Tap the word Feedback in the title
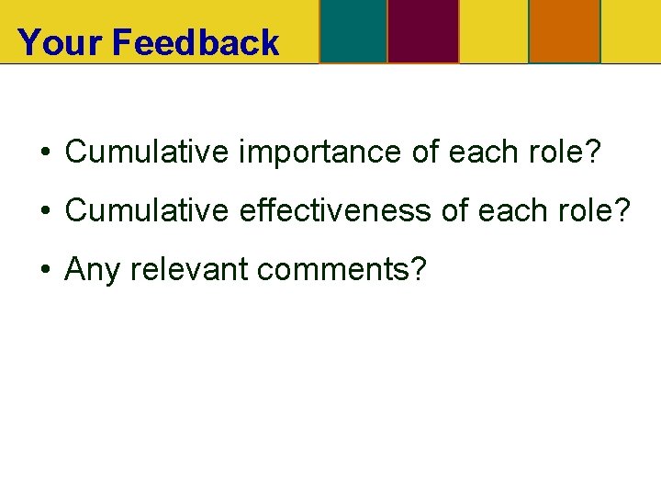tap(196, 43)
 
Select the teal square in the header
tap(353, 31)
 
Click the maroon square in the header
tap(422, 31)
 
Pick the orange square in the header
tap(564, 31)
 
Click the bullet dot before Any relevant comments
tap(43, 270)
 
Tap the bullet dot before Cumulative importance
tap(43, 152)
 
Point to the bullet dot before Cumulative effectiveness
tap(43, 211)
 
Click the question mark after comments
tap(419, 269)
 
